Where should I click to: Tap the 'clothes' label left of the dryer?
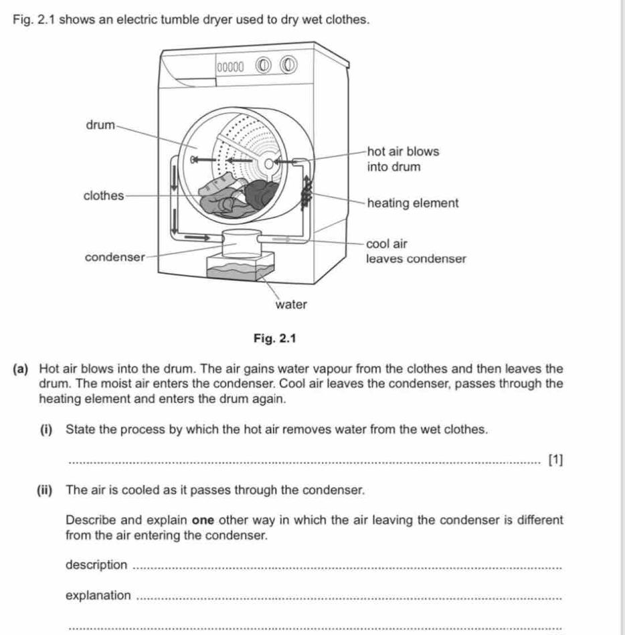[x=104, y=196]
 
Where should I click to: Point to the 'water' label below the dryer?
[x=291, y=304]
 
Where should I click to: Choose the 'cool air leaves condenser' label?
[x=416, y=250]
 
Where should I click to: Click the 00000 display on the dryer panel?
[x=230, y=66]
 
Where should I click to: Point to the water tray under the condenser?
[x=240, y=270]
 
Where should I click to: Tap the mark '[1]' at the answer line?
[x=555, y=460]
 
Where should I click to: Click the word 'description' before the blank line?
[x=96, y=565]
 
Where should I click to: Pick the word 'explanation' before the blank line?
[x=98, y=596]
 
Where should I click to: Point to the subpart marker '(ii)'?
[x=46, y=490]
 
